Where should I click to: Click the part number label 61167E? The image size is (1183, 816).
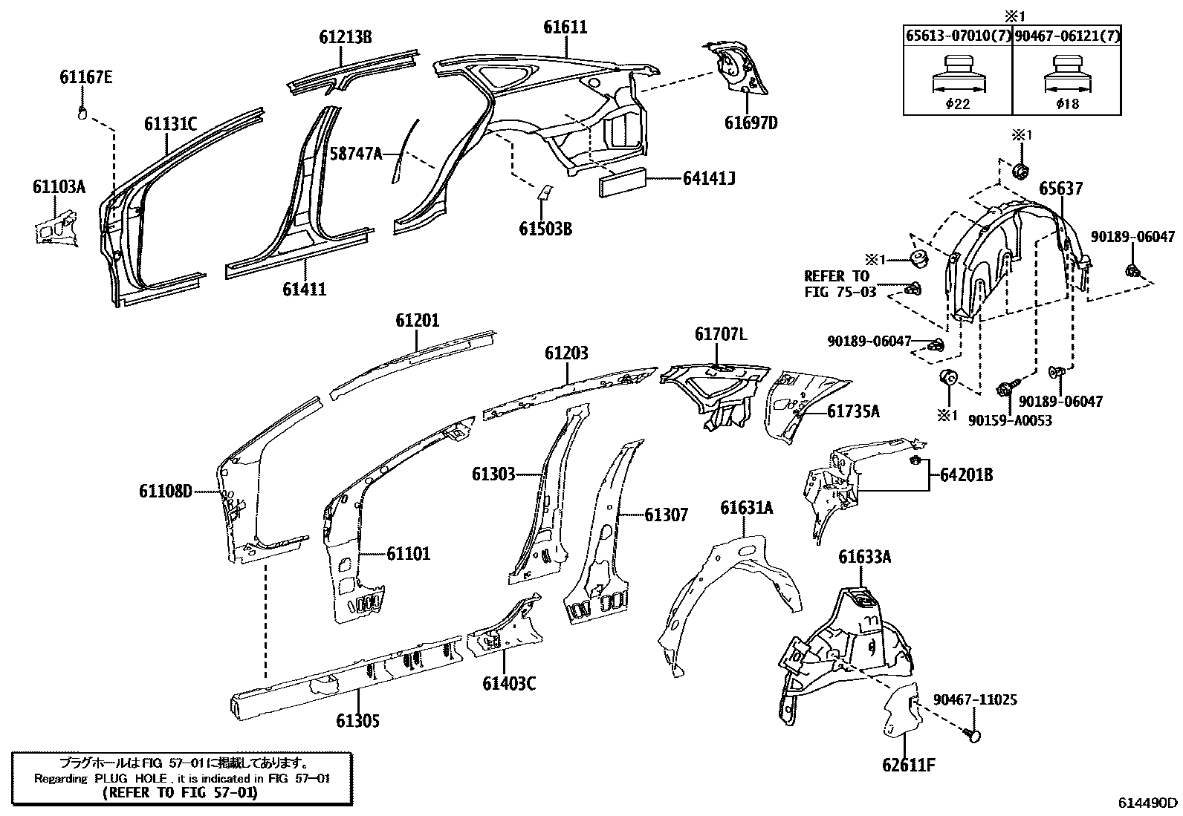(x=86, y=77)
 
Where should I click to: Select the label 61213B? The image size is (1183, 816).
(x=346, y=36)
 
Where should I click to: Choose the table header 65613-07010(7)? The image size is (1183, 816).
(x=957, y=36)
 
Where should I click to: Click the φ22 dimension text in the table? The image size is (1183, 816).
(x=957, y=104)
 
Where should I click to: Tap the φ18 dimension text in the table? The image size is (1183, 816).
(x=1067, y=104)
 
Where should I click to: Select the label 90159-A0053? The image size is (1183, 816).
(x=1010, y=421)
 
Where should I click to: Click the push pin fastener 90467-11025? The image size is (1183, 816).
(x=972, y=734)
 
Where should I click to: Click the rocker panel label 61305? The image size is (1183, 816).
(x=357, y=720)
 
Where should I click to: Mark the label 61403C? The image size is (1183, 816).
(x=508, y=683)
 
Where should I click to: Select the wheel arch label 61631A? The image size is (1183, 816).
(x=746, y=508)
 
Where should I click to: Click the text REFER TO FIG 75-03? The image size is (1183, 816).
(x=840, y=284)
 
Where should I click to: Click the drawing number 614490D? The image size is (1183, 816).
(x=1148, y=803)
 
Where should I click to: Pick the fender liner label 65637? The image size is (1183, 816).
(x=1060, y=189)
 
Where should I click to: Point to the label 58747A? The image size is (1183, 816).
(x=355, y=154)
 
